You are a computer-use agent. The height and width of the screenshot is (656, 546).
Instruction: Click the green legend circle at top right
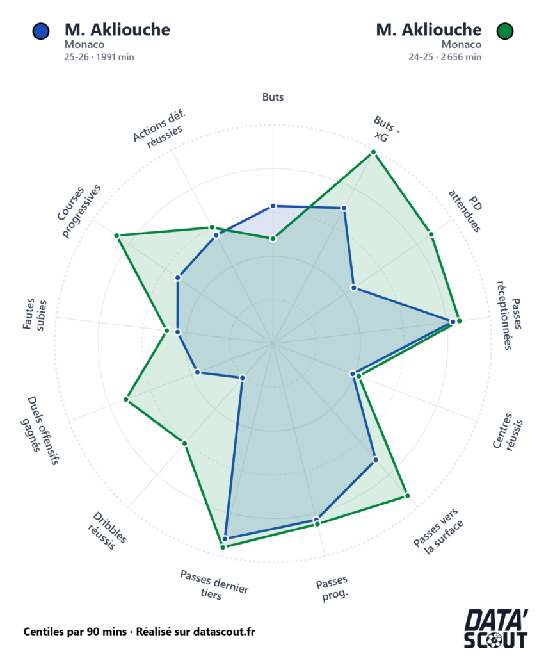(x=506, y=31)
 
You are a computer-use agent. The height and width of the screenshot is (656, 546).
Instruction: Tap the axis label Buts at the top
(x=273, y=97)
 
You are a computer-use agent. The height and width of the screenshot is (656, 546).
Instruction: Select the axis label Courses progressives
(x=79, y=212)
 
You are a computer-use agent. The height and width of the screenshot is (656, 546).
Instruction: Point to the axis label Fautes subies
(x=35, y=314)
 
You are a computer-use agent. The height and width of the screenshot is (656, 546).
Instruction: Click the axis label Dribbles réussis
(x=108, y=531)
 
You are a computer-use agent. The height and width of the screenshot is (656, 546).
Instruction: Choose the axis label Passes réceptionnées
(x=511, y=315)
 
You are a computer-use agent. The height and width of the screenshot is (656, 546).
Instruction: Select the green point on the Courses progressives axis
(x=117, y=236)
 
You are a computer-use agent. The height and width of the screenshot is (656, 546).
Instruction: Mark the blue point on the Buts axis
(x=273, y=206)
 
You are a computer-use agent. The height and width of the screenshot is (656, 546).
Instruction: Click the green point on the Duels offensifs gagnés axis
(x=126, y=400)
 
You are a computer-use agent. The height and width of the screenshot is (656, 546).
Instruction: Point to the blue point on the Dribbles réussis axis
(x=243, y=378)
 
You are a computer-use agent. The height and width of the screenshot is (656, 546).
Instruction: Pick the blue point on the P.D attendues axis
(x=353, y=288)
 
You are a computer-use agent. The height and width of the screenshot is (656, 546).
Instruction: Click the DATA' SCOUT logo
(x=496, y=630)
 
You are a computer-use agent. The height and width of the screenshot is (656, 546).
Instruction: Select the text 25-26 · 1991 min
(x=99, y=57)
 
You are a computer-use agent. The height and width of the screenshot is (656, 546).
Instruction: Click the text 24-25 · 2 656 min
(x=445, y=57)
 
